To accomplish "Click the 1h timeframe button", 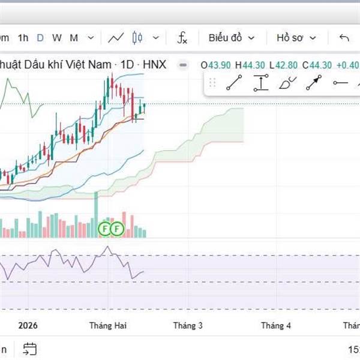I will [x=23, y=38].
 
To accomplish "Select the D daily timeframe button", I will [x=40, y=38].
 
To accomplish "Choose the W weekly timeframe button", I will [x=56, y=38].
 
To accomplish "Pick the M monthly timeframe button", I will [x=74, y=38].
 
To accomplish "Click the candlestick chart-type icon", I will [x=138, y=38].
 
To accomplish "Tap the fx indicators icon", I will [x=182, y=38].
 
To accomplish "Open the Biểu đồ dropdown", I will [x=232, y=38].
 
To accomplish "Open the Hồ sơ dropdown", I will [x=296, y=38].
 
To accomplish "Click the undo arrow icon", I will [x=344, y=38].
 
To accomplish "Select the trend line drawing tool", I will [x=233, y=84].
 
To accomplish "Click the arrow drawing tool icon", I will [x=313, y=84].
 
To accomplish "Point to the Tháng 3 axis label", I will [x=188, y=326].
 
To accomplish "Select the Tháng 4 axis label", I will [x=276, y=326].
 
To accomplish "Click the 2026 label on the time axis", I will [x=28, y=326].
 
